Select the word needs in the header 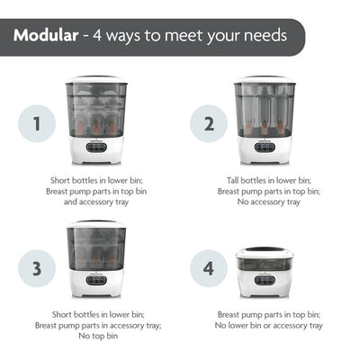pyautogui.click(x=262, y=37)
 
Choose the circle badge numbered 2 pyautogui.click(x=209, y=123)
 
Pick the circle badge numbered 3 pyautogui.click(x=36, y=267)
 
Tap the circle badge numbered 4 pyautogui.click(x=209, y=267)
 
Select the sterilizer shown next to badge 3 pyautogui.click(x=96, y=260)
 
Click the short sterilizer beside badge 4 pyautogui.click(x=264, y=271)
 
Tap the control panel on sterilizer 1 pyautogui.click(x=96, y=147)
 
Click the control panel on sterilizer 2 pyautogui.click(x=264, y=147)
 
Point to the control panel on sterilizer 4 pyautogui.click(x=264, y=281)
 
